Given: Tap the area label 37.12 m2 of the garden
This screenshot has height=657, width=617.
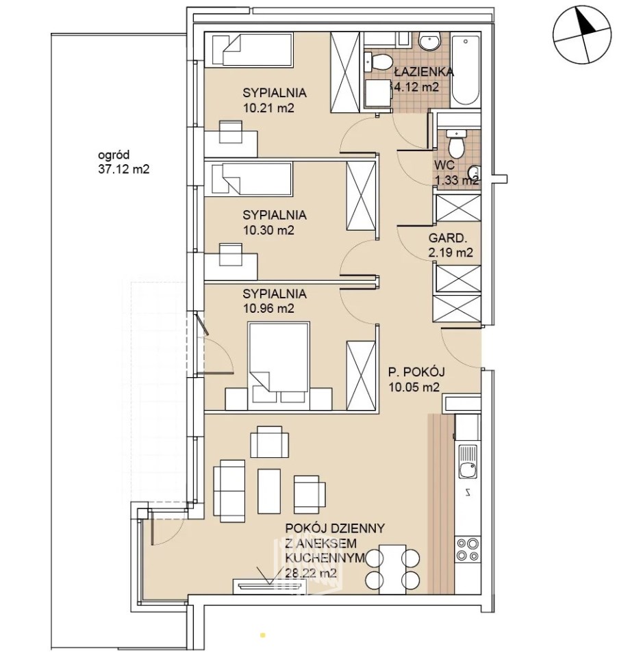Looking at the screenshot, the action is [124, 169].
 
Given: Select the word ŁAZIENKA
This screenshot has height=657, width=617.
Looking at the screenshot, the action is [424, 72].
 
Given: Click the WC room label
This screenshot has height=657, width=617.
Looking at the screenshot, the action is [444, 164].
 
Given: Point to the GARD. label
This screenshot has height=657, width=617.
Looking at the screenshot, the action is [447, 238].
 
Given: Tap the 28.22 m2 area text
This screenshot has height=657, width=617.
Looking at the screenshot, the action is [311, 573].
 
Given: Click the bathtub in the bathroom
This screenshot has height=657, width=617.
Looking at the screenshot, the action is [465, 70].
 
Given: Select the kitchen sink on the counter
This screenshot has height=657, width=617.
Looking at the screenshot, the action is [468, 461].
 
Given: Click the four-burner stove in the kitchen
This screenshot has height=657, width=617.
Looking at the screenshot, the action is [468, 550].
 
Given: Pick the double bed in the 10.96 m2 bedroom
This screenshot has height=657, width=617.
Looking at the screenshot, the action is [279, 365].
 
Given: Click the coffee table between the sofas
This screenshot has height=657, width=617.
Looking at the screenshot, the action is [269, 491].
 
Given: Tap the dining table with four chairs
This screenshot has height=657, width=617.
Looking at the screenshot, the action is [392, 569].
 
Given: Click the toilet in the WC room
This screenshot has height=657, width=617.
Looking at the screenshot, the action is [455, 144].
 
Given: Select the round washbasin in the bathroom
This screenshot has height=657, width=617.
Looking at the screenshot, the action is [429, 42].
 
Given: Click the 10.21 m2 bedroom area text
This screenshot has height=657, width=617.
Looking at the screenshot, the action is [268, 107].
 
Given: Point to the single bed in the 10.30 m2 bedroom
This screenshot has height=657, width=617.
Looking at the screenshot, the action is [248, 180].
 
